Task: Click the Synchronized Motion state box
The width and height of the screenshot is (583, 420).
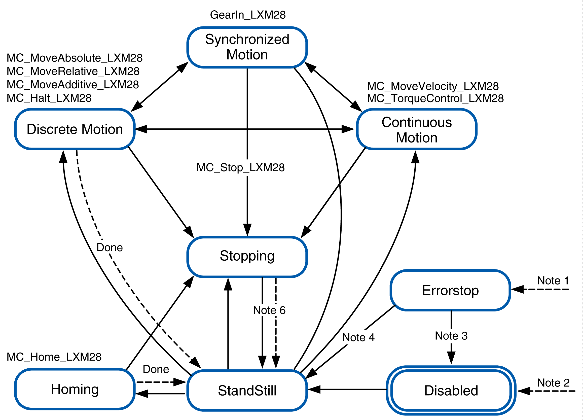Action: click(247, 47)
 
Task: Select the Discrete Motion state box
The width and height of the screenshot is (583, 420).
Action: click(75, 129)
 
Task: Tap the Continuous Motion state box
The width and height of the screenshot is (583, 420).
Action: click(416, 130)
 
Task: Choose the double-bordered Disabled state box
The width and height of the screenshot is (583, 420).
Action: click(451, 391)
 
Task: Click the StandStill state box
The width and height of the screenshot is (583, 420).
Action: click(247, 391)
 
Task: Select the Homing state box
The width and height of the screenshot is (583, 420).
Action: click(75, 389)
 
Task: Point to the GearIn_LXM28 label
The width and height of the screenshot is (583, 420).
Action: click(247, 15)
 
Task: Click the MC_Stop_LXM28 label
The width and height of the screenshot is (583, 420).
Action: click(240, 167)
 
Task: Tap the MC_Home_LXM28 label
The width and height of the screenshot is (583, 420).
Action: click(54, 357)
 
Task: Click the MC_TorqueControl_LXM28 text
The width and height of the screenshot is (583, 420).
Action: click(435, 98)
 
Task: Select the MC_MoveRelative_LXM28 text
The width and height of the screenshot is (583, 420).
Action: click(73, 71)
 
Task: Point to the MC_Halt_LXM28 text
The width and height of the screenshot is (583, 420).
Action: click(49, 98)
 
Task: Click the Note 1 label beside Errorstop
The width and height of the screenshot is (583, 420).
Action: click(553, 281)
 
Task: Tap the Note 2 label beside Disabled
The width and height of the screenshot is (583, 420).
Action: click(553, 383)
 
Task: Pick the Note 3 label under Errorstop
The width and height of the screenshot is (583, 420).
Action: click(451, 336)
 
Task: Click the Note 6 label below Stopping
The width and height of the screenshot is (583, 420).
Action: click(269, 310)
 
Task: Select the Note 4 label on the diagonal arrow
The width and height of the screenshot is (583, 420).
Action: click(358, 337)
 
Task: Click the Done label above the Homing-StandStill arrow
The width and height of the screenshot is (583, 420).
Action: click(156, 369)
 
